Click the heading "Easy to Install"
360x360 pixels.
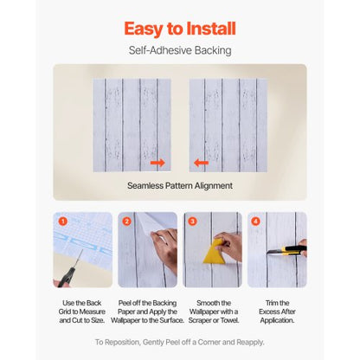[x=179, y=29]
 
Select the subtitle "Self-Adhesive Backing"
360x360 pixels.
[x=179, y=50]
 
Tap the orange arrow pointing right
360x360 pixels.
[x=157, y=162]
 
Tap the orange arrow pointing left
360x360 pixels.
[x=201, y=162]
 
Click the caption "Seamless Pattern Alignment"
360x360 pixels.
[x=179, y=185]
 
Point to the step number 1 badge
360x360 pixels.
[x=62, y=222]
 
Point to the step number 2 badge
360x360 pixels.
[x=127, y=222]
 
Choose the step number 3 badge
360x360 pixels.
[x=192, y=222]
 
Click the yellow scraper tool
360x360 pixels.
[x=214, y=252]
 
